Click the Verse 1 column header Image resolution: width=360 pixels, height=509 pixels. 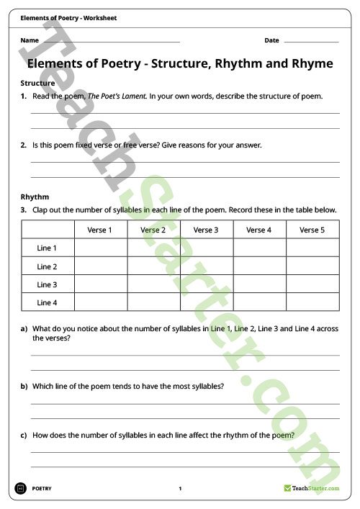tap(100, 230)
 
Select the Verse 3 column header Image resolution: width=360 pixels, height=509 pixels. tap(206, 230)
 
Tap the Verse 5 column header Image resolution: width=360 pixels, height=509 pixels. tap(312, 230)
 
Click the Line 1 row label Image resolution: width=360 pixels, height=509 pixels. tap(47, 248)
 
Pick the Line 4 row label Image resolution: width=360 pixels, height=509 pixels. tap(47, 302)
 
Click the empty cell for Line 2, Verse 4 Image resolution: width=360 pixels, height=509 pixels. tap(259, 266)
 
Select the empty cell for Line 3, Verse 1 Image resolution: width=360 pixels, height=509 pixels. tap(100, 284)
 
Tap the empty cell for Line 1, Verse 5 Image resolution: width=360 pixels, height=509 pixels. tap(312, 248)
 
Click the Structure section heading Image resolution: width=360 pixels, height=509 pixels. tap(37, 84)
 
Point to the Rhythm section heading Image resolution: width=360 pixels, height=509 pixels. tap(35, 197)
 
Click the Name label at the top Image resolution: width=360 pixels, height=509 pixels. tap(30, 40)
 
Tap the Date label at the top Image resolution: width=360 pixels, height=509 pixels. tap(271, 40)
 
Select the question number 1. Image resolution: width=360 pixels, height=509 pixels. tap(24, 96)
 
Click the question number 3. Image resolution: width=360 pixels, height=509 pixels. tap(24, 210)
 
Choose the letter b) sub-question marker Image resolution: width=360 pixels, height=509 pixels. tap(24, 386)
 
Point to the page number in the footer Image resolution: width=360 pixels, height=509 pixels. tap(180, 489)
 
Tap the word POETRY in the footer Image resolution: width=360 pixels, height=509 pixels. tap(42, 489)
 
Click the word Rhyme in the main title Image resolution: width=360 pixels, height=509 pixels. tap(310, 63)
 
